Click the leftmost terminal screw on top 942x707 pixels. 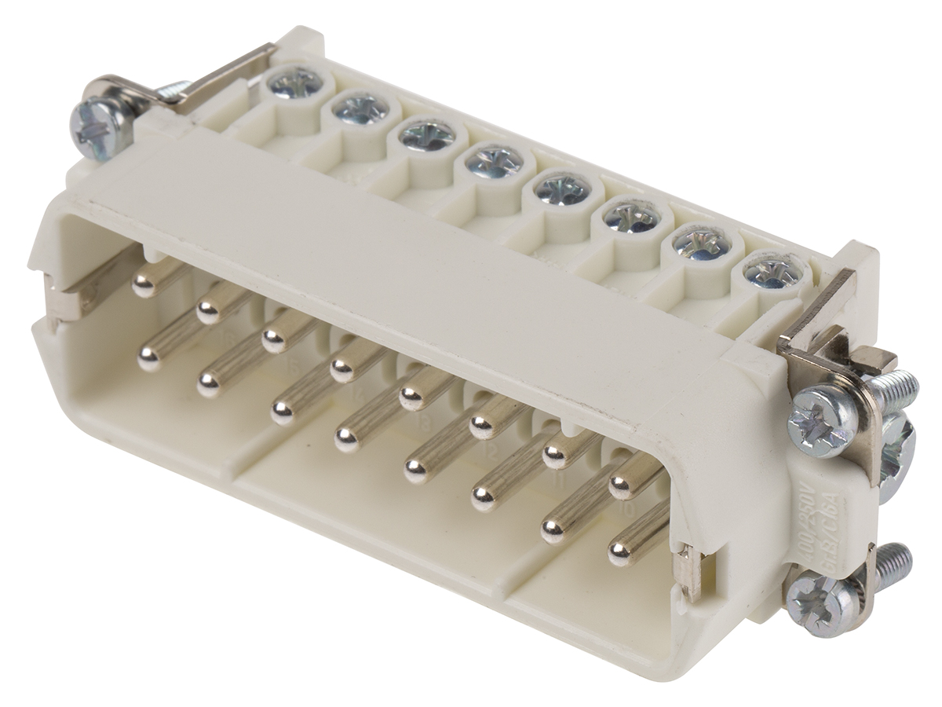pos(296,82)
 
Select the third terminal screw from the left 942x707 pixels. pos(426,135)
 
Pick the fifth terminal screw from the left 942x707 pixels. pos(563,189)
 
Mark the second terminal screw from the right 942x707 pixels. pos(700,244)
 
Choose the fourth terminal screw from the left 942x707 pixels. pos(494,163)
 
